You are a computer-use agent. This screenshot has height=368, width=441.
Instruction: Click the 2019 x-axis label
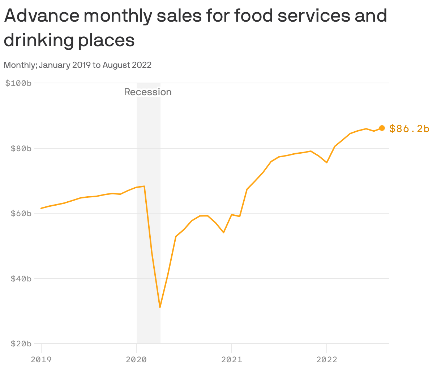(41, 359)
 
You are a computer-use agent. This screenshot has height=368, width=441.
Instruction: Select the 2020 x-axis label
(136, 359)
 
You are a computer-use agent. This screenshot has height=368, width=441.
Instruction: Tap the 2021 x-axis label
(231, 359)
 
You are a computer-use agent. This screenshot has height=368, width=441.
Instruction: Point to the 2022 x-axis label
(326, 359)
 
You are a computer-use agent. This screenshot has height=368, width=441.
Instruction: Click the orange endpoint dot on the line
(382, 128)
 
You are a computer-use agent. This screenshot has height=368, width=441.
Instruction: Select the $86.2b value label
(409, 128)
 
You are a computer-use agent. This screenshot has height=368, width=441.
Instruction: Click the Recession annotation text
(148, 92)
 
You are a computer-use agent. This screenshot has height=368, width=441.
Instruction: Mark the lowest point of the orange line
(160, 307)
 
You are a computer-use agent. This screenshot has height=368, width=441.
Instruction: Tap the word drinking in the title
(37, 40)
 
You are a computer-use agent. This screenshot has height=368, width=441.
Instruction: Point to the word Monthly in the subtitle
(20, 65)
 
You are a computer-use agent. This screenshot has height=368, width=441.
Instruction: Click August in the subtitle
(116, 65)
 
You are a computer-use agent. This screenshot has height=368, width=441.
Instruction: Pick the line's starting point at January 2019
(41, 208)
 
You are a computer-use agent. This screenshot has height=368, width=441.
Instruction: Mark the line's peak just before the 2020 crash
(144, 186)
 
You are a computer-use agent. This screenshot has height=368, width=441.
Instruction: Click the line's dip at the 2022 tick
(326, 162)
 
